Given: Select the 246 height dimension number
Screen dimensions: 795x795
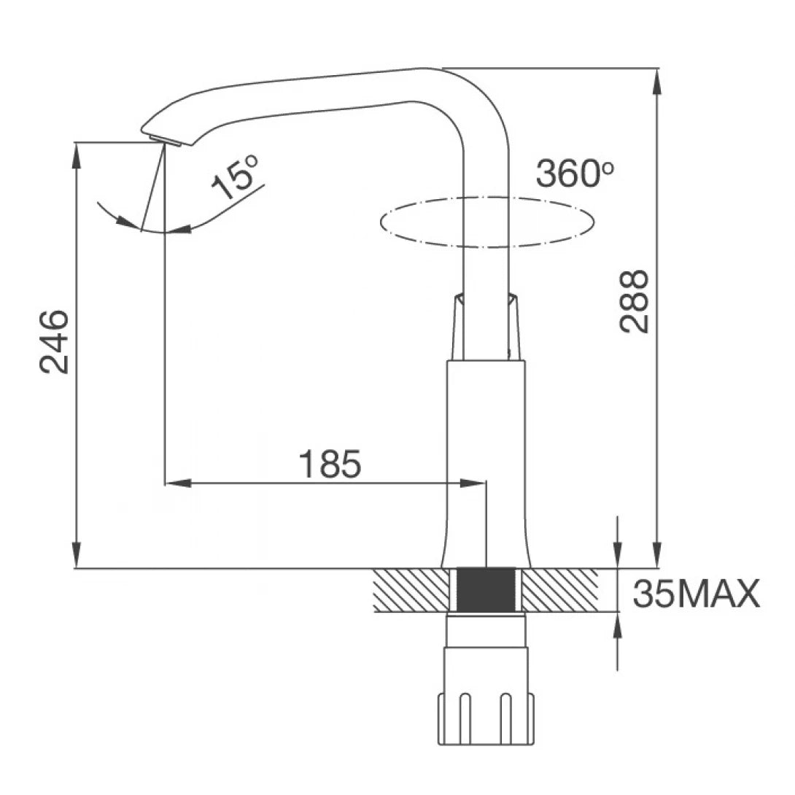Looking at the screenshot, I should [55, 341].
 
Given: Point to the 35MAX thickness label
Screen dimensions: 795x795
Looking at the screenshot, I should [696, 594].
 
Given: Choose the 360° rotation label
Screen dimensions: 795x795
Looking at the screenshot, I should [574, 174].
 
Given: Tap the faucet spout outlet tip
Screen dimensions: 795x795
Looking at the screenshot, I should [163, 139].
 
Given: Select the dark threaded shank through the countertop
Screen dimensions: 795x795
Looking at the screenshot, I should [486, 589].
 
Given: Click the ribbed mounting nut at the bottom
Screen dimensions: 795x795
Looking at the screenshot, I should [486, 718].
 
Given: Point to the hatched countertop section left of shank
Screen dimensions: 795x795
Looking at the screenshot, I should [410, 589].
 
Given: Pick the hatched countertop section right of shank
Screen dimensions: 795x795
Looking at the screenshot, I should [562, 589].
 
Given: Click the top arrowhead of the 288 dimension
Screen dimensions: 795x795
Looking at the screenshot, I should [657, 80].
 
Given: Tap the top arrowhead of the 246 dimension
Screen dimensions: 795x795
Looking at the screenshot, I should [76, 154].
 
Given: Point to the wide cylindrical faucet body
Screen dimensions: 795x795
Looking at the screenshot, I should [486, 459].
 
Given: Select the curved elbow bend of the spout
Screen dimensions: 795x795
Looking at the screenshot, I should [474, 102].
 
